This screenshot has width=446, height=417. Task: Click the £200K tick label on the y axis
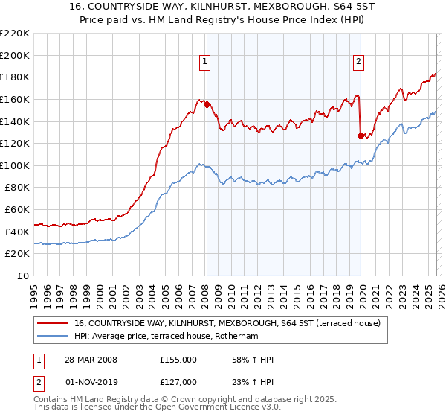click(x=16, y=55)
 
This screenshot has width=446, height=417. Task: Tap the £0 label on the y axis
click(x=23, y=276)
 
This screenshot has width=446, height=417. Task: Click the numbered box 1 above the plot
click(x=204, y=63)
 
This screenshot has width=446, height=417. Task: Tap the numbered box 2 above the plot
click(x=358, y=63)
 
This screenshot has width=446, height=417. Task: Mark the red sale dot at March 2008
click(x=207, y=105)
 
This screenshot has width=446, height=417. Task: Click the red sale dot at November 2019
click(x=361, y=136)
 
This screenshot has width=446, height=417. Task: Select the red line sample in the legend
click(x=53, y=323)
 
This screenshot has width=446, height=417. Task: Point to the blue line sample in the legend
click(x=53, y=336)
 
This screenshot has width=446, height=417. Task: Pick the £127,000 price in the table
click(x=178, y=381)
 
